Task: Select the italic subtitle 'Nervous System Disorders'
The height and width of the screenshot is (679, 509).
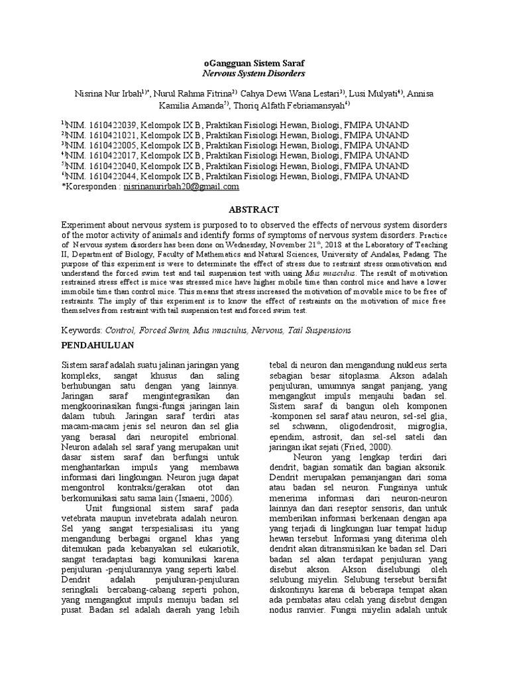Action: [x=254, y=74]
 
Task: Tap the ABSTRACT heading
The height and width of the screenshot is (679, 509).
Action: [x=254, y=209]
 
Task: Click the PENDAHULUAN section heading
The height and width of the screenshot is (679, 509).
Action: [x=98, y=345]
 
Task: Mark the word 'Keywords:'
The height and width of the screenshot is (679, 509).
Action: [x=81, y=330]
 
